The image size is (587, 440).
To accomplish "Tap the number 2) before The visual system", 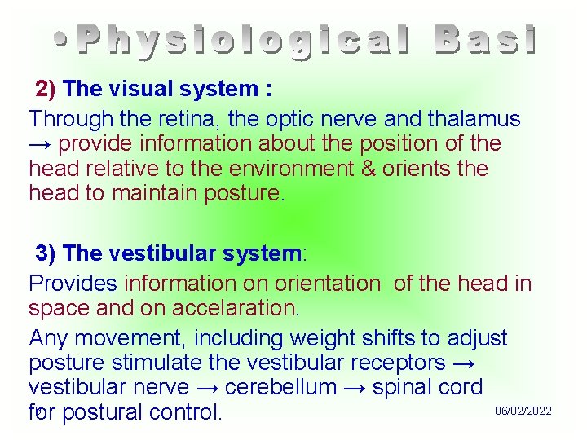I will pyautogui.click(x=45, y=88).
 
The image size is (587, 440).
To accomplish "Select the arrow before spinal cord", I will pyautogui.click(x=355, y=387).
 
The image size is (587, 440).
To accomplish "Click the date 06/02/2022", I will pyautogui.click(x=523, y=411).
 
